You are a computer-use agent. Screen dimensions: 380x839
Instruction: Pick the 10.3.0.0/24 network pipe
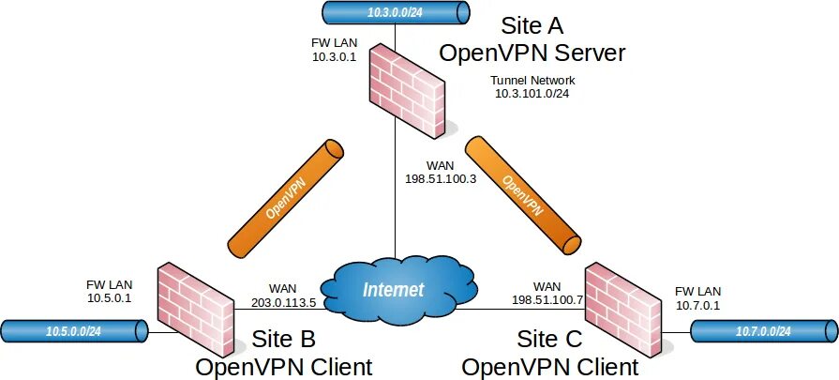[395, 11]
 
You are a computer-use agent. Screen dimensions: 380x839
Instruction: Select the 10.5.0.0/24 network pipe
[74, 330]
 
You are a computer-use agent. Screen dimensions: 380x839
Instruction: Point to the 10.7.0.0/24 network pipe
[763, 330]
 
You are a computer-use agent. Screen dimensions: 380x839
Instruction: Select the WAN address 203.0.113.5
[283, 302]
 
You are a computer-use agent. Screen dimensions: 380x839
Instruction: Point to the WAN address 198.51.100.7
[547, 299]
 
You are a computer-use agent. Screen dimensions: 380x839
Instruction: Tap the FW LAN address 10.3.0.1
[335, 56]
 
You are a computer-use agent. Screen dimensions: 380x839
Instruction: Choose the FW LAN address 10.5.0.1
[110, 297]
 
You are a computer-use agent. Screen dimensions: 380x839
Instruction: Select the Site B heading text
[283, 337]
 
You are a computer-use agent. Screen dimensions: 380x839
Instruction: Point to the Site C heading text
[550, 337]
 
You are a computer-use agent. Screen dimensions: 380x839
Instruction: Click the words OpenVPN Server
[532, 52]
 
